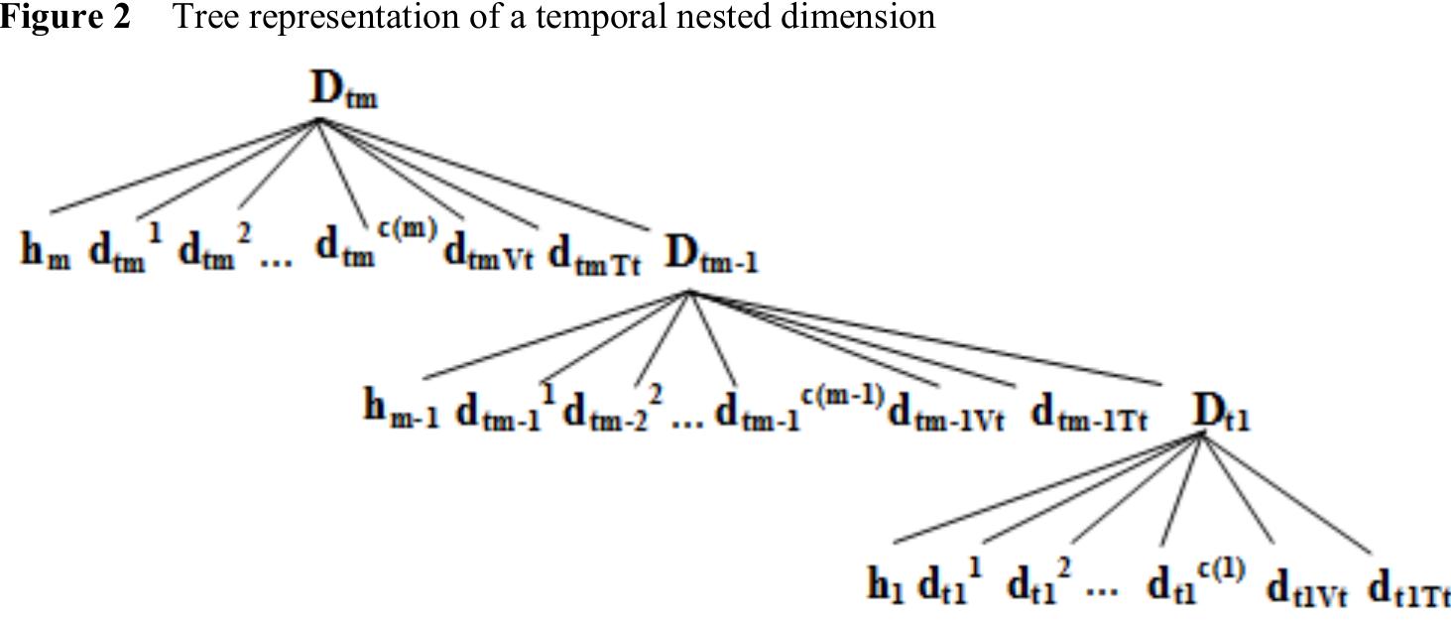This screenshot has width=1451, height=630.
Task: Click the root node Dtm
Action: pyautogui.click(x=342, y=93)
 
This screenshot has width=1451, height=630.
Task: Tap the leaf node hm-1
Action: pyautogui.click(x=401, y=410)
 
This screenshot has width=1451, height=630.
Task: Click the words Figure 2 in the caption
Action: pyautogui.click(x=65, y=16)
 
